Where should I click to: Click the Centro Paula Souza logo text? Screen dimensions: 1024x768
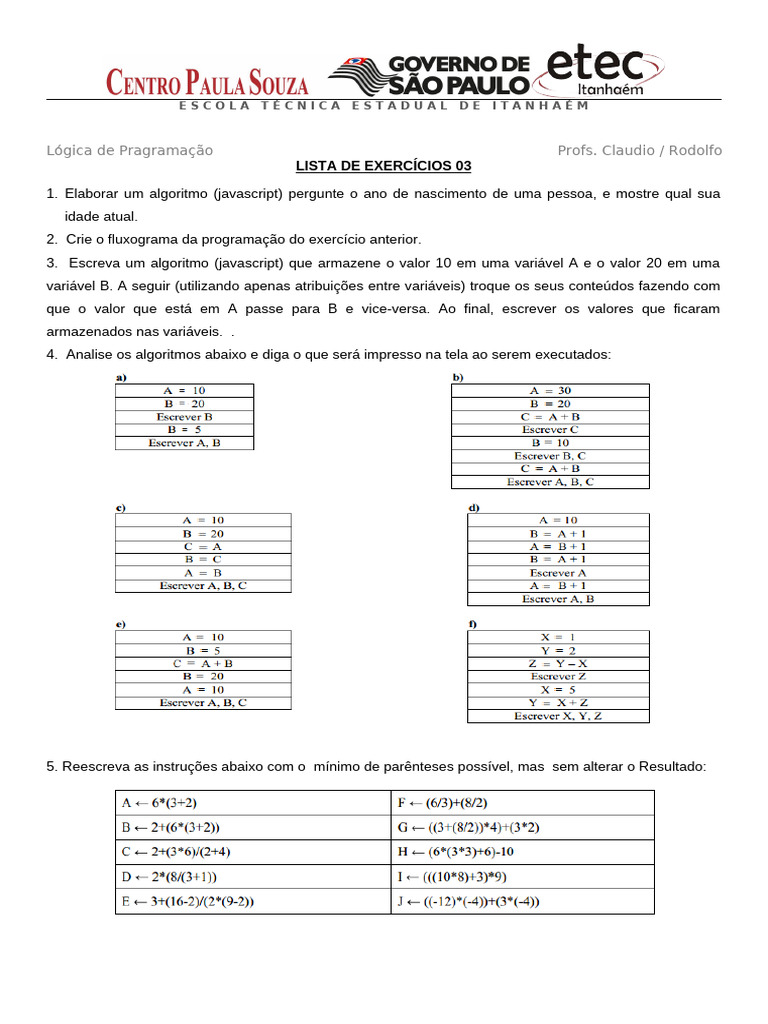pos(207,82)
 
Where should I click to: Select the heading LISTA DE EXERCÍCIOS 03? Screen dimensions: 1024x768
pos(383,166)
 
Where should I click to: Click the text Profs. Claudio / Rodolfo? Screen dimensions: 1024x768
pos(639,150)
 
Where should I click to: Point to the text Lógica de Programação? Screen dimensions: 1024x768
pos(130,150)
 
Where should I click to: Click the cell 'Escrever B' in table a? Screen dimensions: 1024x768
pos(184,416)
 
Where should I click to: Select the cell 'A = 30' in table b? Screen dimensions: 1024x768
pos(550,390)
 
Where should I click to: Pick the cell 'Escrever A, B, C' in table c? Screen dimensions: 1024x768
pos(203,586)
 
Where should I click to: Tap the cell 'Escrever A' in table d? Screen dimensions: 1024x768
pos(557,573)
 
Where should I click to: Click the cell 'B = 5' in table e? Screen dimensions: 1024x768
pos(203,650)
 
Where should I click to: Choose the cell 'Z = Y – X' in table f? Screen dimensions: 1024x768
pos(557,663)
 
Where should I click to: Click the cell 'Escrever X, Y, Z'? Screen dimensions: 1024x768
pos(557,716)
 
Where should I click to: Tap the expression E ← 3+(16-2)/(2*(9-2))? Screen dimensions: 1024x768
pos(188,902)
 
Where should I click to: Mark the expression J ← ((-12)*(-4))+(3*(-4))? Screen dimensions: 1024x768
pos(468,902)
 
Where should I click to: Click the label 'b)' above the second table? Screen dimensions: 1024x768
pos(458,377)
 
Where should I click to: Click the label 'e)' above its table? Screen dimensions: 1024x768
pos(120,624)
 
